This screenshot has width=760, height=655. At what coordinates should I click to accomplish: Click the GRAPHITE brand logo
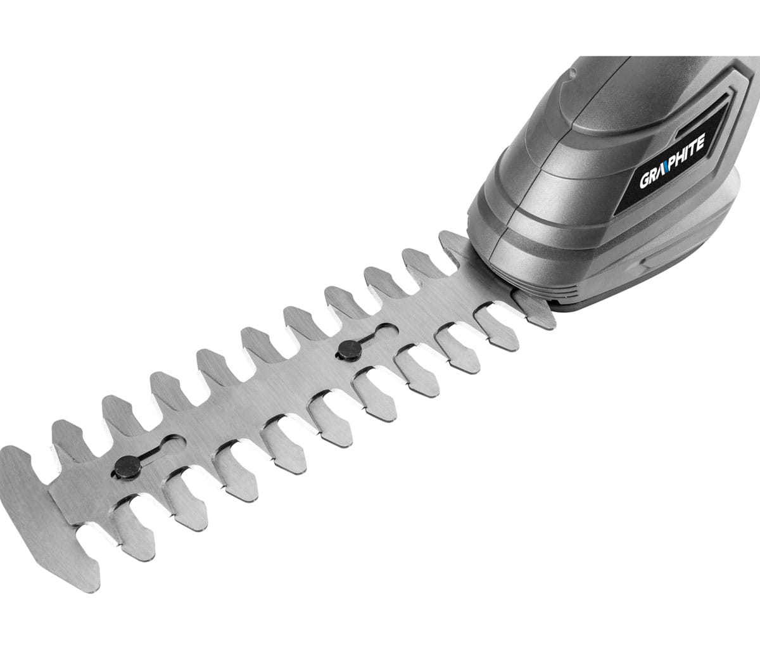click(673, 162)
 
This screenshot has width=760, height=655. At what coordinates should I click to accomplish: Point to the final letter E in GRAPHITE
click(701, 141)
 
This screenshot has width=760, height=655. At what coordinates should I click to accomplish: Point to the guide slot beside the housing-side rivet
click(379, 333)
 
